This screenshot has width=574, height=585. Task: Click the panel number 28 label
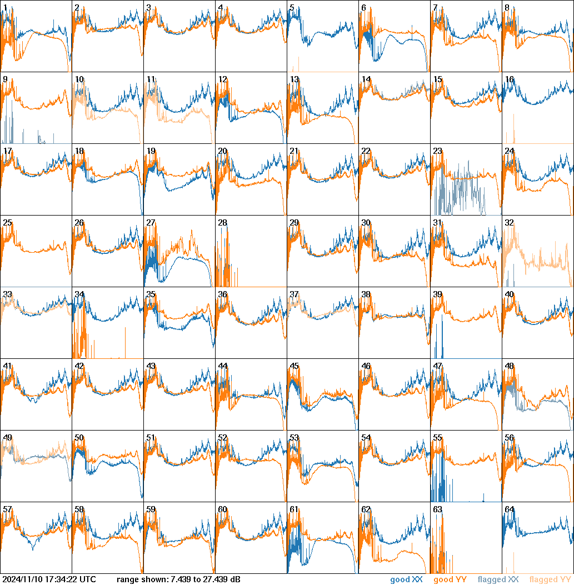click(222, 223)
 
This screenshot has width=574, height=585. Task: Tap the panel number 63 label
click(437, 509)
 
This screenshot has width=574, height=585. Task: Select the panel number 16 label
click(509, 79)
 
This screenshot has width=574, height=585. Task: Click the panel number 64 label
click(509, 509)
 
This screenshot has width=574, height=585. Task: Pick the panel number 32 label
click(509, 223)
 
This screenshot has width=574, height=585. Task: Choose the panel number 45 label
click(294, 366)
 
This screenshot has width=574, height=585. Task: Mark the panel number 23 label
click(437, 151)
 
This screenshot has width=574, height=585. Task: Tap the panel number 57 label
click(7, 509)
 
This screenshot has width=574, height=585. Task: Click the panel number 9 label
click(5, 79)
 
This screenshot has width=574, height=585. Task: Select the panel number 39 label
click(437, 294)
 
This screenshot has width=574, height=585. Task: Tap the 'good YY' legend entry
click(450, 580)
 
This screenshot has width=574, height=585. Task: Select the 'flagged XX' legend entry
click(498, 580)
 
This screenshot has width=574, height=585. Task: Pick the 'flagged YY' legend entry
click(550, 580)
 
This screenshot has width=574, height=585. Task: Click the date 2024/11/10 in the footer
click(22, 580)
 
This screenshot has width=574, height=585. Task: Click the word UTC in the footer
click(88, 580)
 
